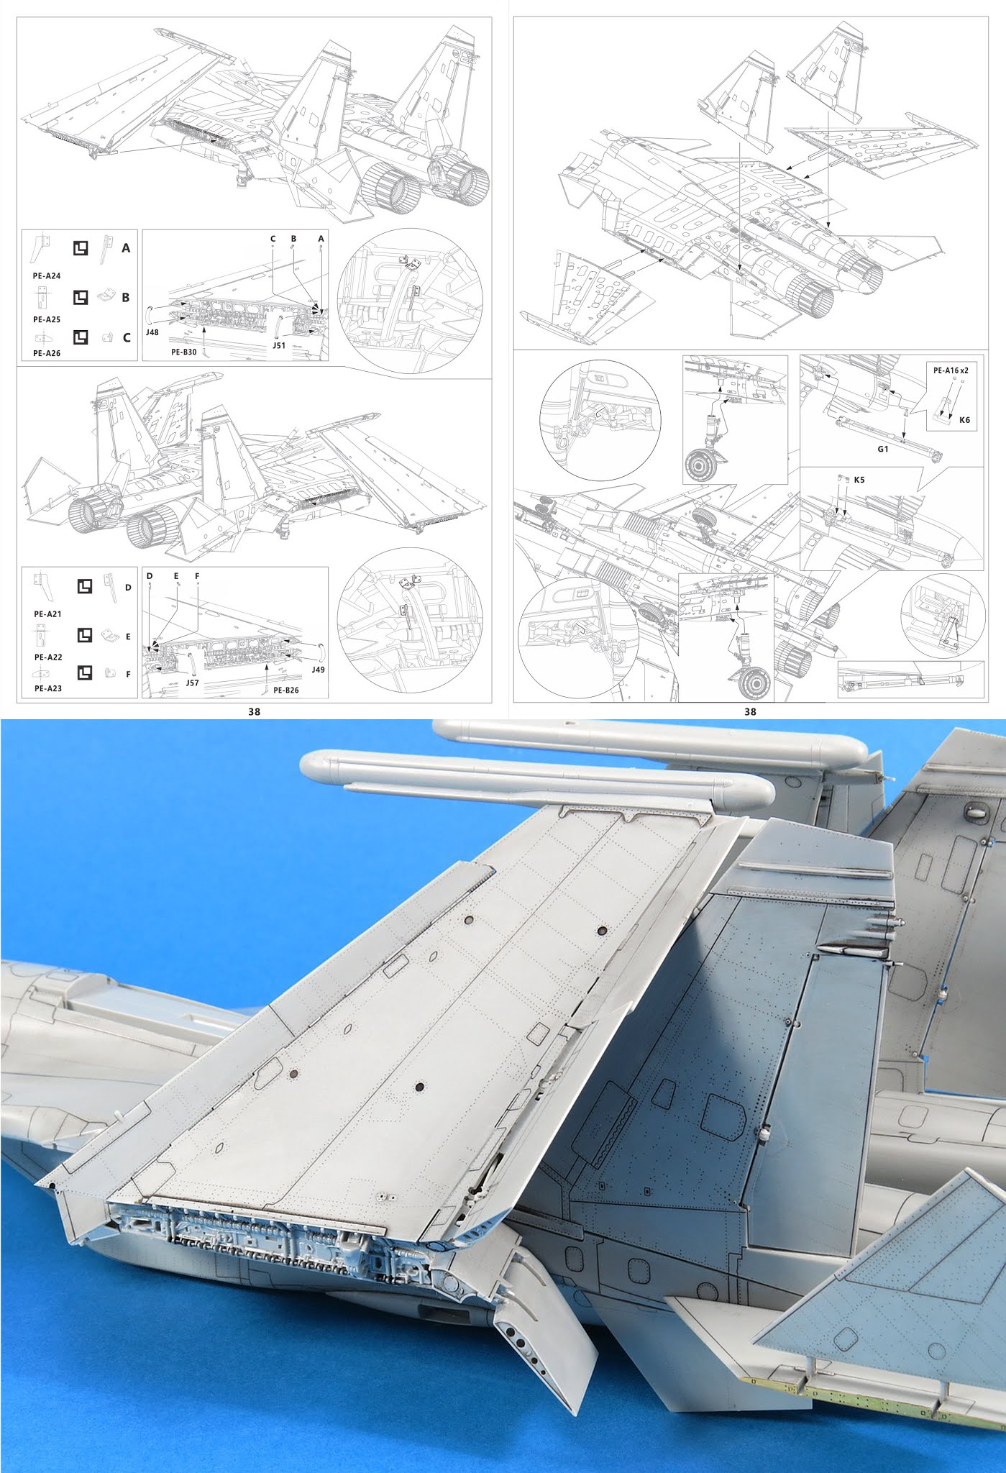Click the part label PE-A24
click(x=47, y=276)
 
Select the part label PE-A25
click(x=47, y=319)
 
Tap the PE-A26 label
click(x=47, y=353)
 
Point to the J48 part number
click(x=152, y=333)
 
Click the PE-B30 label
click(x=184, y=352)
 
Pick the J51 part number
click(x=279, y=345)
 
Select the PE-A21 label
click(x=47, y=614)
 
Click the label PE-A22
click(x=47, y=657)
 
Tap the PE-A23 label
click(x=47, y=688)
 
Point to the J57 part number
click(x=192, y=683)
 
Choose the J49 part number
click(x=318, y=670)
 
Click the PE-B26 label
click(x=286, y=690)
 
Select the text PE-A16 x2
click(x=951, y=370)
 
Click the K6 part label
click(x=964, y=420)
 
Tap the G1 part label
click(x=883, y=449)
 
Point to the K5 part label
click(x=859, y=480)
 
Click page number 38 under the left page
click(x=254, y=711)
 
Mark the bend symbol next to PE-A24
click(x=81, y=249)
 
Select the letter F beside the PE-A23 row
click(x=128, y=675)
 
